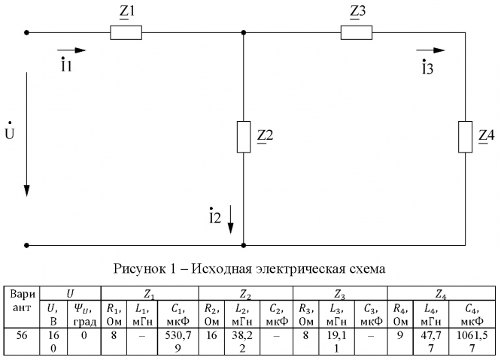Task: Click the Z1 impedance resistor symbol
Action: point(126,32)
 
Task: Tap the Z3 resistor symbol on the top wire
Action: point(356,32)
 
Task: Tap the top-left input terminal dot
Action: point(27,32)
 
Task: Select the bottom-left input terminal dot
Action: point(27,245)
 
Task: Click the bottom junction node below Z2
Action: point(243,245)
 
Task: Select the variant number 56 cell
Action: point(23,333)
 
